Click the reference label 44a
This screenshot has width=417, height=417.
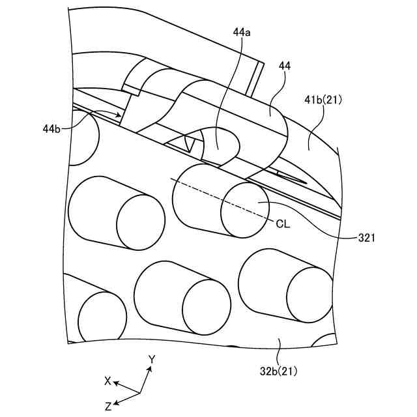pos(239,31)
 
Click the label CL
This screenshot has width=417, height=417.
pos(283,223)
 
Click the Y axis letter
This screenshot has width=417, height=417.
pos(151,359)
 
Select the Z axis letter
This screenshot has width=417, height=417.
pos(108,405)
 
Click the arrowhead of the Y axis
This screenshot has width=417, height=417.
pos(149,369)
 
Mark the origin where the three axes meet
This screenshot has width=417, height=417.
pos(140,393)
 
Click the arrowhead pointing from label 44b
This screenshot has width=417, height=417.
pos(119,115)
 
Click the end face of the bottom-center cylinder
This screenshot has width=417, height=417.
pos(206,307)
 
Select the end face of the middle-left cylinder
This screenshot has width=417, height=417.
pos(141,222)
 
